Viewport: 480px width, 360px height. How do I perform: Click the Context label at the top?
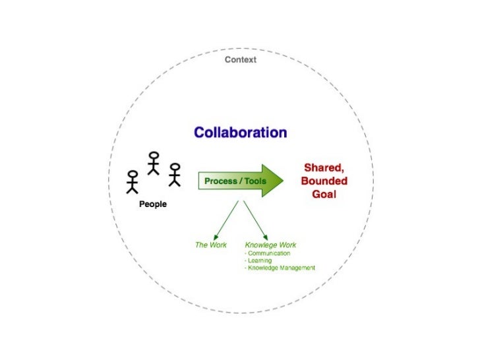coord(241,60)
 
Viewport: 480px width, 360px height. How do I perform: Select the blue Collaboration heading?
coord(240,133)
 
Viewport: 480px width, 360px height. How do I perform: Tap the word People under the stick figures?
coord(153,204)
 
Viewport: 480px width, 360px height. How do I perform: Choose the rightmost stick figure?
coord(174,174)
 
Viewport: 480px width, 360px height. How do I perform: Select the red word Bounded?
coord(324,181)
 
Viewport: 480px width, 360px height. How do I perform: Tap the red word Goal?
coord(324,195)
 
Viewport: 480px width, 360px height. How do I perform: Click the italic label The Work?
coord(211,245)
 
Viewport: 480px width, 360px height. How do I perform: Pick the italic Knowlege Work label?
coord(271,245)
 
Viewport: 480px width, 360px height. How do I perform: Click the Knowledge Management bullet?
coord(280,268)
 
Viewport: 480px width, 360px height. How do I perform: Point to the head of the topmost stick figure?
coord(154,156)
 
